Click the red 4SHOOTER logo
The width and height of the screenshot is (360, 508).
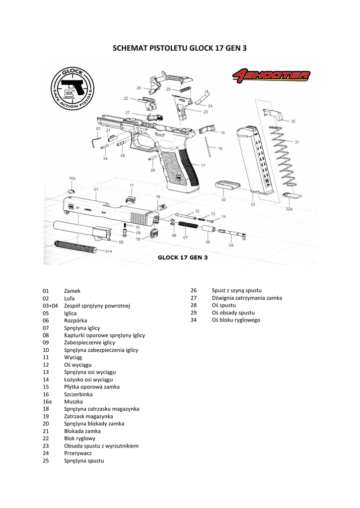coord(271,76)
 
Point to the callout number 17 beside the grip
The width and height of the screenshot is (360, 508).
coord(203,165)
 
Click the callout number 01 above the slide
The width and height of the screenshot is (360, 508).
coord(95,189)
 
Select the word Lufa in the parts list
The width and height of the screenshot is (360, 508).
coord(69,298)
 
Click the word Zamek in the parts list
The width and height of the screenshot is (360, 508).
coord(72,291)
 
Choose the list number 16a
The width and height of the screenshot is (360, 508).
coord(47,401)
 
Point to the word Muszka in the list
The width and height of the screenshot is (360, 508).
coord(73,401)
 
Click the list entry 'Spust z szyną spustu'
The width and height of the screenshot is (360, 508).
coord(236,290)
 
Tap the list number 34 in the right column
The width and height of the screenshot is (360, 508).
coord(194,320)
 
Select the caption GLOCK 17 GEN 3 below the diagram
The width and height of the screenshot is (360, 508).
coord(182,258)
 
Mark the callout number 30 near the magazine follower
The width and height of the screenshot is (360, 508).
coord(292,122)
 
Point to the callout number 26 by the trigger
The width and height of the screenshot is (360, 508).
coord(139,88)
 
